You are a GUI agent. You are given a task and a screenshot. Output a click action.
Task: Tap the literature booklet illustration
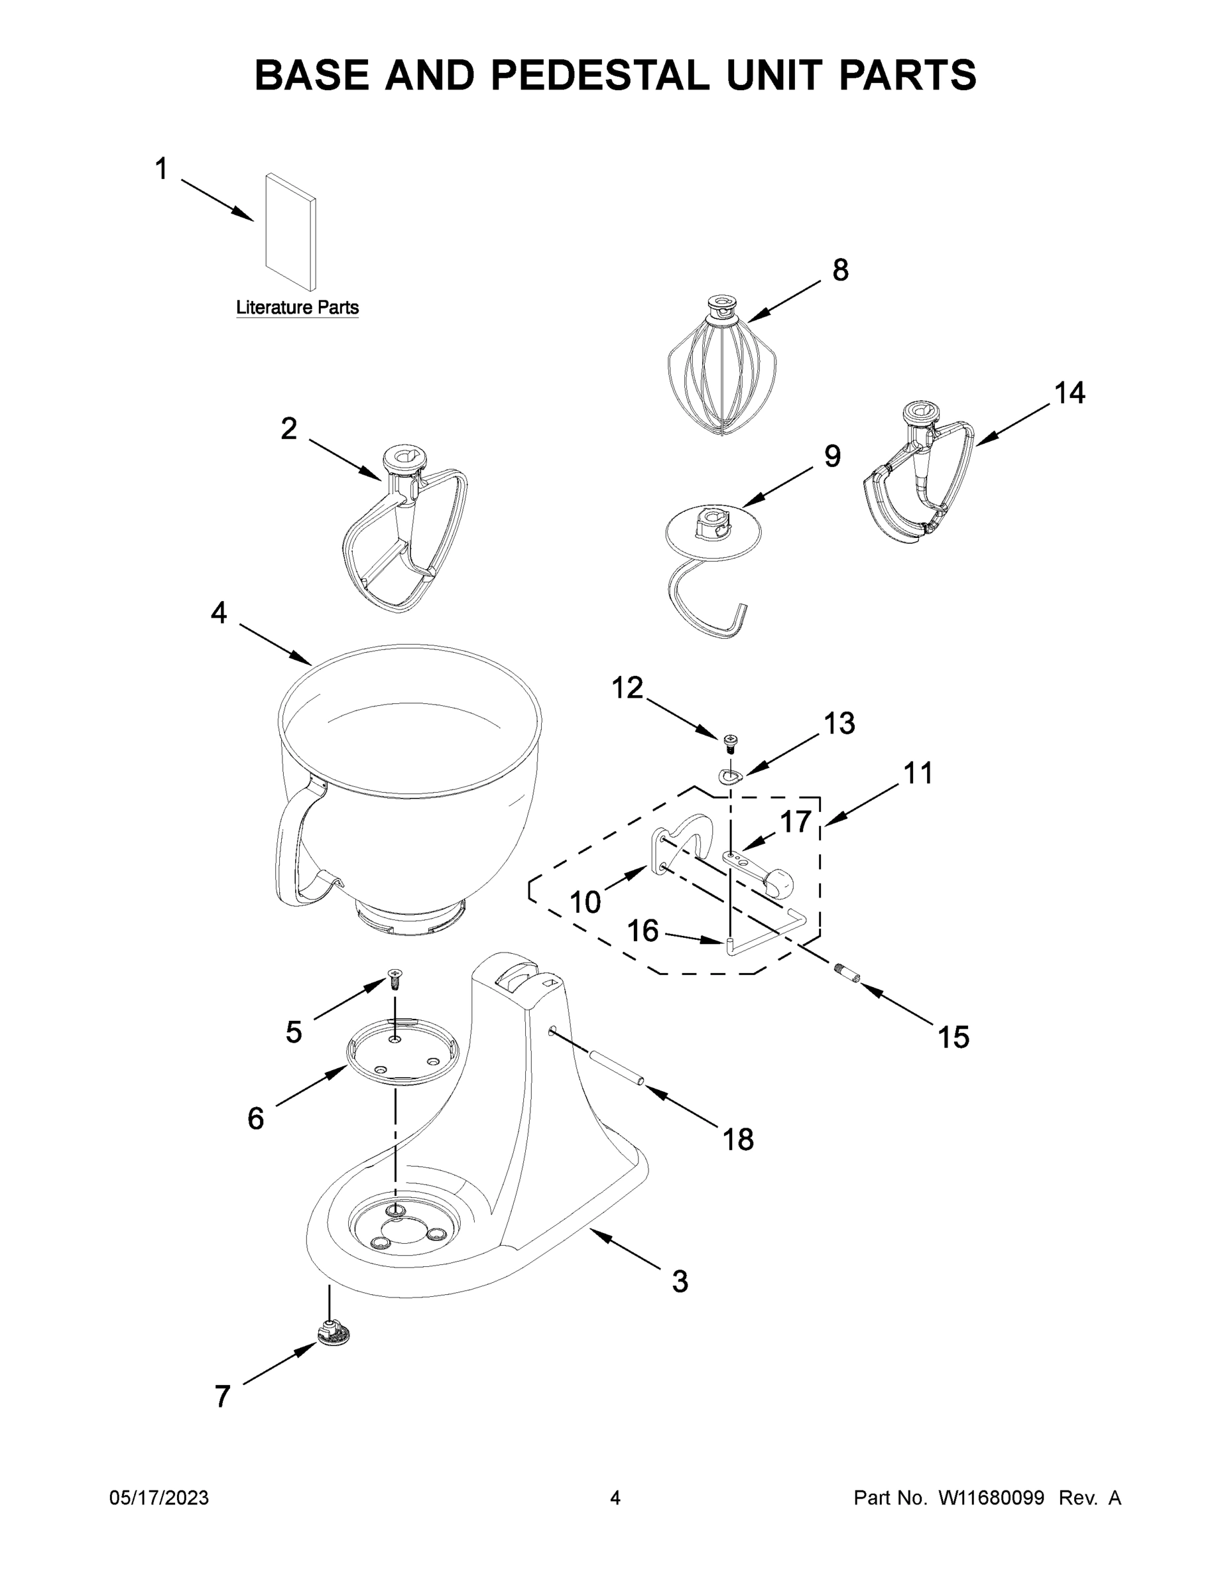(290, 232)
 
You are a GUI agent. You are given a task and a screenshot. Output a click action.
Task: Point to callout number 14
(1070, 393)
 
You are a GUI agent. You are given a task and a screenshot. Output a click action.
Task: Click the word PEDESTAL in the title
(599, 75)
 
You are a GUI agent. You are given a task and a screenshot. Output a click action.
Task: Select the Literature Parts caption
(297, 308)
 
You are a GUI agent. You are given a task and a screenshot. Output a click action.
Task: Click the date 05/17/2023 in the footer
(159, 1498)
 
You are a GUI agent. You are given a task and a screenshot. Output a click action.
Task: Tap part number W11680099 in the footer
(991, 1498)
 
